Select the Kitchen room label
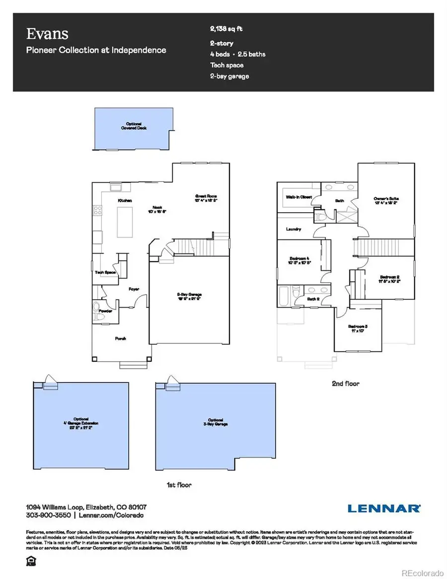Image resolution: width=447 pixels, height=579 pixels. pyautogui.click(x=124, y=200)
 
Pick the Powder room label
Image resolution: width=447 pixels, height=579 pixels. pyautogui.click(x=105, y=311)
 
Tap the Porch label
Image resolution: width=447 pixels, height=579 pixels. pyautogui.click(x=121, y=338)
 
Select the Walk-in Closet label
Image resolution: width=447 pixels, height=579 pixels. pyautogui.click(x=298, y=197)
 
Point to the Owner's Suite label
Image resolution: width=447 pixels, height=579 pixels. pyautogui.click(x=386, y=199)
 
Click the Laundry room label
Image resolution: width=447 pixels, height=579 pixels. pyautogui.click(x=294, y=229)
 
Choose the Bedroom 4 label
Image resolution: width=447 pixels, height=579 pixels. pyautogui.click(x=299, y=259)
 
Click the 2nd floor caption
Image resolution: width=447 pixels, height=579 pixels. pyautogui.click(x=345, y=384)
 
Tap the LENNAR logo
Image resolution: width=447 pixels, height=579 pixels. pyautogui.click(x=384, y=508)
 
